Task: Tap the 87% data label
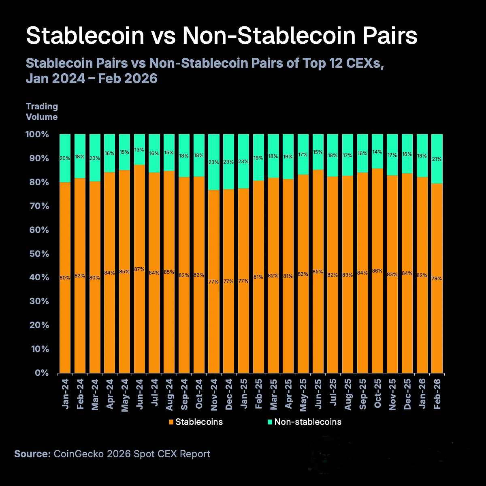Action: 139,269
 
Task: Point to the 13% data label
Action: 139,150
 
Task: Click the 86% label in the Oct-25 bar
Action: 377,271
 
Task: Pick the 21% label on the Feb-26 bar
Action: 437,159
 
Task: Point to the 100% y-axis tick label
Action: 37,134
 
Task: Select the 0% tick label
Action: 42,373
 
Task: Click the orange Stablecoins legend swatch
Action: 171,422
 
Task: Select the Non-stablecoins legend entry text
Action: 308,422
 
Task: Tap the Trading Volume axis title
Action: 42,111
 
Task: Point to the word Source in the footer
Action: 32,454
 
